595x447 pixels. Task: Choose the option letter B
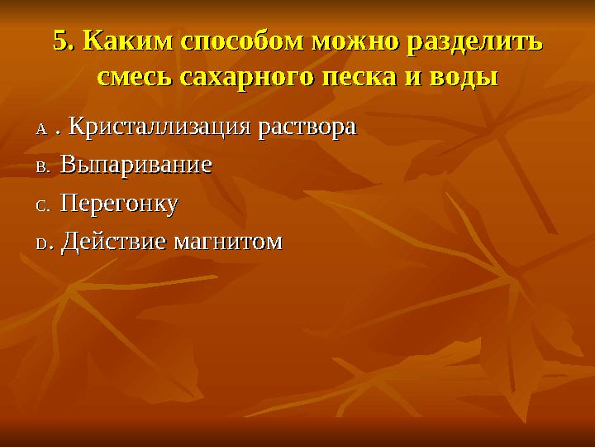click(42, 167)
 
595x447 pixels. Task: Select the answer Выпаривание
click(136, 166)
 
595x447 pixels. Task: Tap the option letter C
click(42, 205)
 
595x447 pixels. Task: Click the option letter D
click(42, 243)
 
